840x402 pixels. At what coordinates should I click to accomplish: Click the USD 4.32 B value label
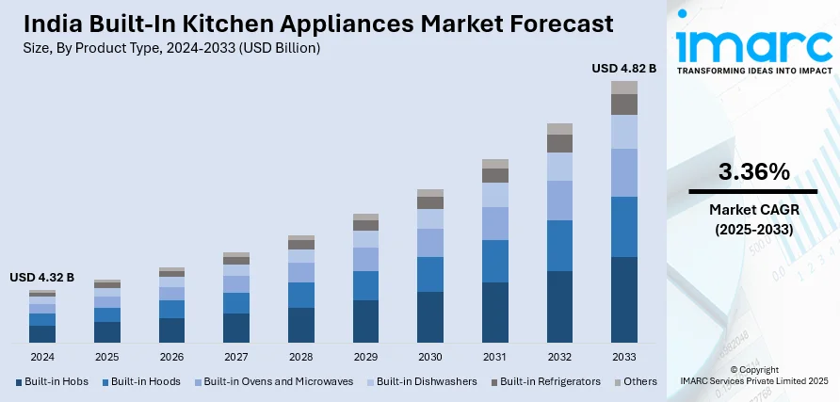pos(41,278)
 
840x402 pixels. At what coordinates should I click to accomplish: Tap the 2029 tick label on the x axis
pos(365,358)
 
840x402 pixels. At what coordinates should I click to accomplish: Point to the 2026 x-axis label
pos(171,358)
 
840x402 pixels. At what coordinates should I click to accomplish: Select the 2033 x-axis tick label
pos(624,358)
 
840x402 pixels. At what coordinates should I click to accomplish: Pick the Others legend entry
pos(637,381)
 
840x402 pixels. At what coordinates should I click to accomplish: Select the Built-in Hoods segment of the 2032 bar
pos(559,246)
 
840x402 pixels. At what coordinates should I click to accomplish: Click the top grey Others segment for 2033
pos(624,88)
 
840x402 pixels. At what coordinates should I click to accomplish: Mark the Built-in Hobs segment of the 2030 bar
pos(430,316)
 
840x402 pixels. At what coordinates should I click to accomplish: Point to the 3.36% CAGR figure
pos(753,172)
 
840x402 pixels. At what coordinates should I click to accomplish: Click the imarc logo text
pos(753,44)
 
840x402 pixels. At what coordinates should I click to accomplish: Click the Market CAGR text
pos(753,210)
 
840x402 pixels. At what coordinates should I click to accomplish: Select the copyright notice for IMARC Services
pos(753,375)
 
